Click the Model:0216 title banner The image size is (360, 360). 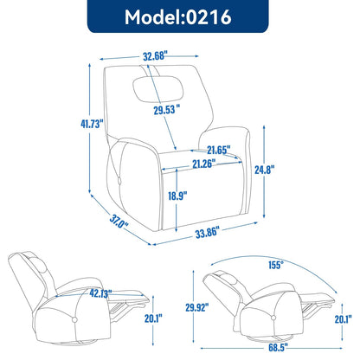pos(179,18)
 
